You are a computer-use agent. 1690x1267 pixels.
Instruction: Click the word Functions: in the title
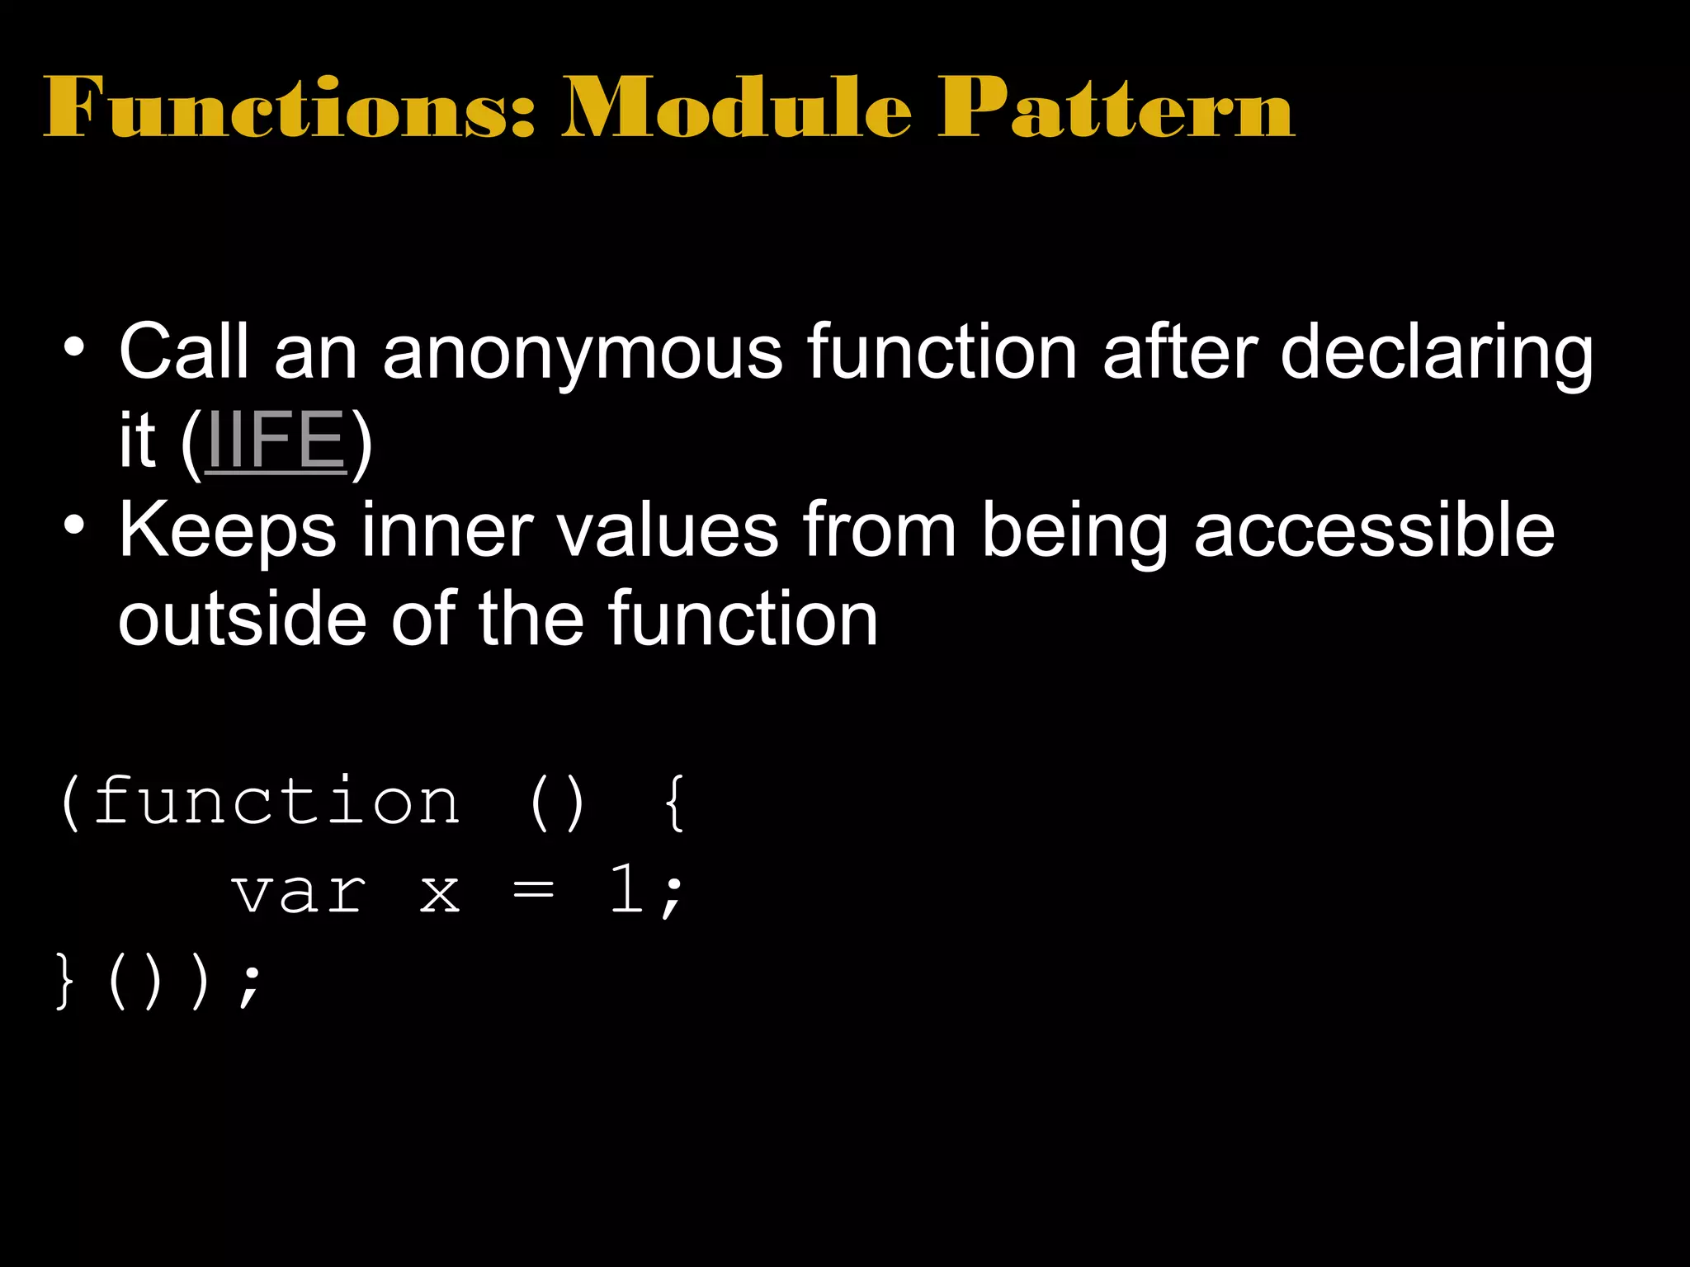tap(290, 107)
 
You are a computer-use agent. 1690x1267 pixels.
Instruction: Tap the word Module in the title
tap(736, 107)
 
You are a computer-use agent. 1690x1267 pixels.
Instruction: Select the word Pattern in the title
tap(1116, 107)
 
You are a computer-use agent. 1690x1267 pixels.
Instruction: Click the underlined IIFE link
tap(276, 441)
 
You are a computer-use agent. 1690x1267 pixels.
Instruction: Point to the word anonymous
tap(583, 353)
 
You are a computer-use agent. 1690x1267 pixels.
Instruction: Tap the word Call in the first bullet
tap(183, 351)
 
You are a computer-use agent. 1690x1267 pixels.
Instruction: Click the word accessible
tap(1374, 530)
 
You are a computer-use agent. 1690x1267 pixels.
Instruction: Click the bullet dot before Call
tap(73, 346)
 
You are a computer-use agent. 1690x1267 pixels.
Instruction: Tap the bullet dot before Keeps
tap(73, 525)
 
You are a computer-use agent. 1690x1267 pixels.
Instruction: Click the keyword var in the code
tap(299, 893)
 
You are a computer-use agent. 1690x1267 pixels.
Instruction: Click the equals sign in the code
tap(534, 891)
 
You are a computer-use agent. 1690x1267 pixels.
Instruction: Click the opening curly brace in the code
tap(674, 803)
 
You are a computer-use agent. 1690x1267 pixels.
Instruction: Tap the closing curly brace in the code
tap(64, 981)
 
